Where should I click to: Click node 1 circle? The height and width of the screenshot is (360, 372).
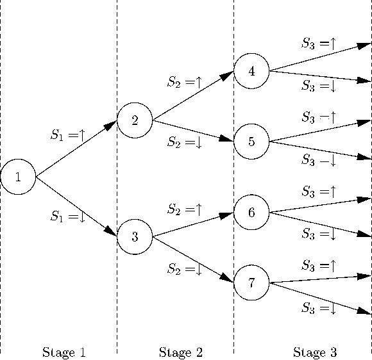click(18, 177)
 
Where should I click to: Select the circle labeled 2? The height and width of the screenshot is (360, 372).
click(135, 120)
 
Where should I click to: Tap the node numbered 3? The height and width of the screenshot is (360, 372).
click(135, 237)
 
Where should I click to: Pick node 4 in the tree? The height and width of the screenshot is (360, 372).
click(251, 71)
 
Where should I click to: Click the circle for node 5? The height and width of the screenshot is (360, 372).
click(251, 142)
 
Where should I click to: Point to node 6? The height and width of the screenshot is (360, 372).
click(251, 213)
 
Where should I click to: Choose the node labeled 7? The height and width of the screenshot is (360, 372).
click(251, 283)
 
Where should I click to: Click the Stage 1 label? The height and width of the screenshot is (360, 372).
click(63, 352)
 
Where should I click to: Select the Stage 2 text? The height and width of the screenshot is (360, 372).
click(180, 352)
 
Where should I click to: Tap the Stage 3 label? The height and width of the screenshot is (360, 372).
click(314, 352)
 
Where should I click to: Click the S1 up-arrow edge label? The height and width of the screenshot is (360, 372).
click(68, 135)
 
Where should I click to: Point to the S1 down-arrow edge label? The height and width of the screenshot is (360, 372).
click(68, 217)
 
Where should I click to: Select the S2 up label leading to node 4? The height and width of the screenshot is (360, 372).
click(185, 82)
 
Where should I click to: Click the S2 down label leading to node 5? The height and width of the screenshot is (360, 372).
click(185, 142)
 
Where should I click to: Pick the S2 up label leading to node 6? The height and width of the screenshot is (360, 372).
click(185, 209)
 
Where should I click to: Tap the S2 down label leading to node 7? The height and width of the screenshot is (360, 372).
click(185, 269)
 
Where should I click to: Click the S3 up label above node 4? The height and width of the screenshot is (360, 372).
click(319, 44)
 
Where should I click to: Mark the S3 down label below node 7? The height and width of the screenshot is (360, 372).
click(319, 309)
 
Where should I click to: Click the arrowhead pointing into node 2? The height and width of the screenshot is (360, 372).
click(111, 126)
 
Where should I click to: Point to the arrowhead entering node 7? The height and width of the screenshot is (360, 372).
click(226, 279)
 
